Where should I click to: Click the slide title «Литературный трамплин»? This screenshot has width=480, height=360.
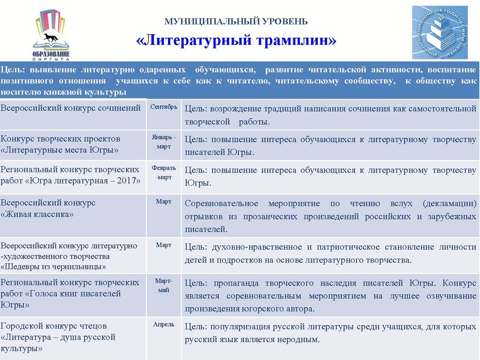236,41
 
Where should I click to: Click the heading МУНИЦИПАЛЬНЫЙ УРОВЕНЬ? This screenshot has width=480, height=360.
236,22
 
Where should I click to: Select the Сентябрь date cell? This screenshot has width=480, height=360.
163,107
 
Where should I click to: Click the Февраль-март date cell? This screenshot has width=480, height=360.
163,173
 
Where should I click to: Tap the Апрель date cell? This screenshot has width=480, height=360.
163,325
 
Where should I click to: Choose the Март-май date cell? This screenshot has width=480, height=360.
163,285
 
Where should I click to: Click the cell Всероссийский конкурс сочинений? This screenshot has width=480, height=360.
71,107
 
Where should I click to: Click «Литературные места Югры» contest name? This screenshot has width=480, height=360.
59,149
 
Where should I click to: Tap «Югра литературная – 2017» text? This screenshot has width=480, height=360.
88,180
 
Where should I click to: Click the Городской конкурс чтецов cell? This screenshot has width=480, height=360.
54,325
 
